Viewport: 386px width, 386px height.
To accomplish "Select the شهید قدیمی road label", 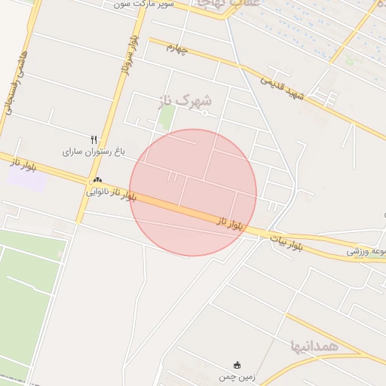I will click(283, 87).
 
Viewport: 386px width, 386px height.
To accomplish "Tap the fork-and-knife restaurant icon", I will click(94, 139).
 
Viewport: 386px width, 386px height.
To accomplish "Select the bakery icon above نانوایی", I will click(96, 181).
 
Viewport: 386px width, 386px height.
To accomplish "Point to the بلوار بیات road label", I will click(287, 242).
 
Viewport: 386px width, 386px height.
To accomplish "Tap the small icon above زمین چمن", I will click(238, 365).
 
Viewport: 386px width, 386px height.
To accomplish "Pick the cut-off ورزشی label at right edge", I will click(367, 251).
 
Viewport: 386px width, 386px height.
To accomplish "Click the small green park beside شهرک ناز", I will click(167, 116).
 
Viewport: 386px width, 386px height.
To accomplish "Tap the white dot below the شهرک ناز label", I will click(204, 113).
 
